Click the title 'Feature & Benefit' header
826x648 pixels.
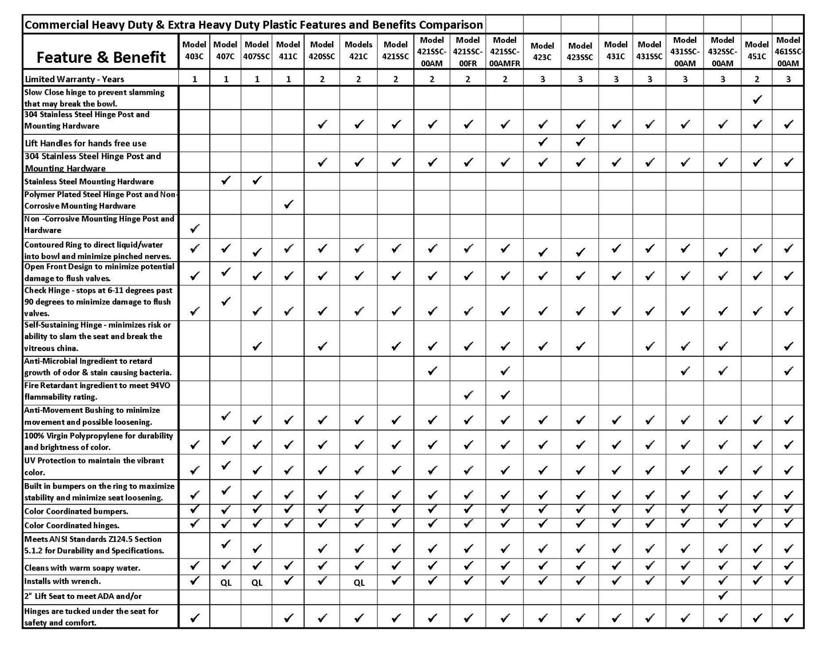[x=101, y=57]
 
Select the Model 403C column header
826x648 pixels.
[x=194, y=50]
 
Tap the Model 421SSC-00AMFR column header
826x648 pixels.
[x=505, y=51]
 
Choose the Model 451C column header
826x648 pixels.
[x=756, y=50]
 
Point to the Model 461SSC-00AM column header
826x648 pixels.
[x=788, y=51]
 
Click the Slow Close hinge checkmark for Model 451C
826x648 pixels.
[x=757, y=99]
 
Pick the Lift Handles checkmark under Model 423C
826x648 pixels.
[x=542, y=142]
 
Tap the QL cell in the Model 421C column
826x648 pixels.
[x=358, y=583]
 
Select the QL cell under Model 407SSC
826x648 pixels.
[x=257, y=583]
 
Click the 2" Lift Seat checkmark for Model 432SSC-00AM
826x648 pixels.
[x=723, y=596]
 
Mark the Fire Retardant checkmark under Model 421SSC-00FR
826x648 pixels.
[x=468, y=395]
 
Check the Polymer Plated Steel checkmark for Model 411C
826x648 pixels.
[x=288, y=204]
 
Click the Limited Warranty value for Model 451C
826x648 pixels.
[x=757, y=79]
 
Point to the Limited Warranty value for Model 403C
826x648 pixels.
[x=194, y=79]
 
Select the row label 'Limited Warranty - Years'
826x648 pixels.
[x=74, y=79]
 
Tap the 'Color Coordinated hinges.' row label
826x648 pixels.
[x=72, y=525]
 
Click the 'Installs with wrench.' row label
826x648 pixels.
[x=63, y=581]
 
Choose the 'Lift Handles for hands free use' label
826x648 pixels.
[x=85, y=143]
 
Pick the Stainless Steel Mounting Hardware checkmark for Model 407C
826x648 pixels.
[x=226, y=180]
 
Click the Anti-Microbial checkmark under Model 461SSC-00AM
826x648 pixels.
[x=788, y=371]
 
